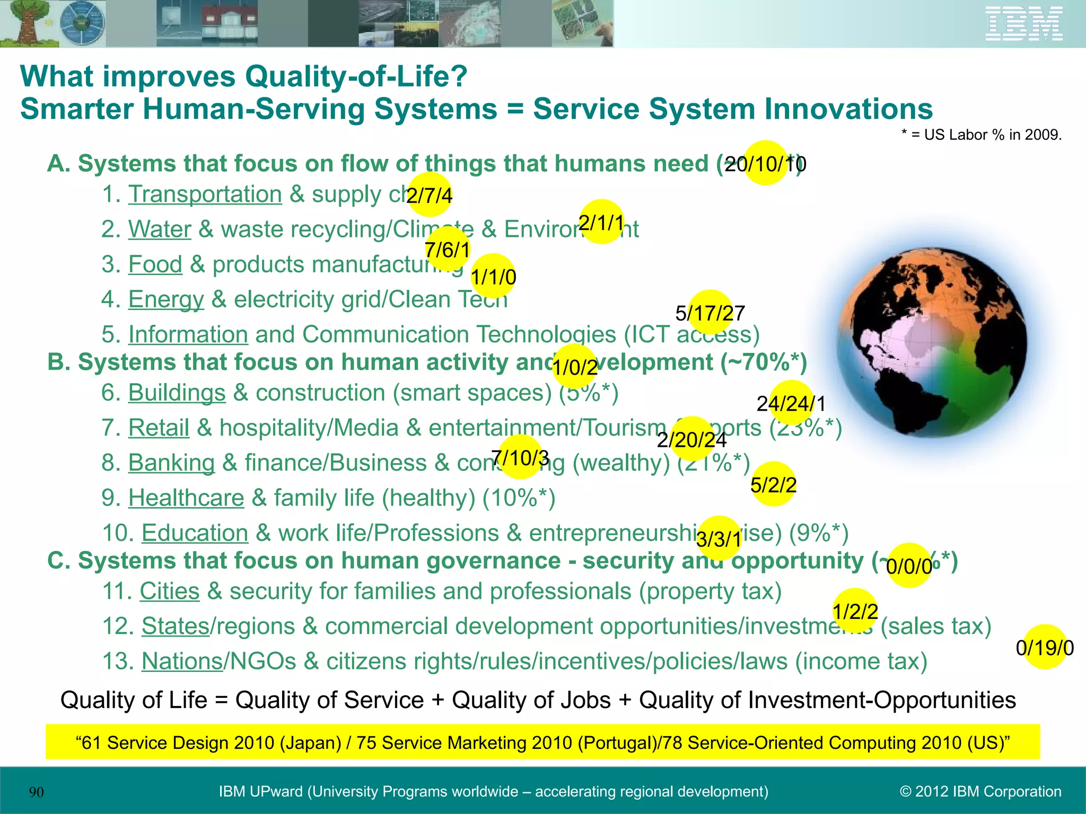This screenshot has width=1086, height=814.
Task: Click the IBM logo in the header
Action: (1024, 23)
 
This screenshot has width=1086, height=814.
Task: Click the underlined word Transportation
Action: (205, 194)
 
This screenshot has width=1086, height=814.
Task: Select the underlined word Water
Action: (160, 229)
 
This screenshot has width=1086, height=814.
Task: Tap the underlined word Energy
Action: (166, 299)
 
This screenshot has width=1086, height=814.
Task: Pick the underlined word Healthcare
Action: (186, 498)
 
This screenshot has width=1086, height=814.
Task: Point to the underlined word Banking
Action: (171, 463)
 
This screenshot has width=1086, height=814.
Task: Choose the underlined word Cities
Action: (170, 591)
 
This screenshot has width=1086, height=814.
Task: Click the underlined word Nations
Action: (182, 661)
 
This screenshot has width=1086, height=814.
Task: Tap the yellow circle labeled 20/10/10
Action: (765, 163)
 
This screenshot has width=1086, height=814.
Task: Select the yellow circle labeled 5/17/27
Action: (710, 313)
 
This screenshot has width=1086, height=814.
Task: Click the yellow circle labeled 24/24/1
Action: (791, 403)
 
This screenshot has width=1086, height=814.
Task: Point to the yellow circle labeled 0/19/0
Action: (1045, 647)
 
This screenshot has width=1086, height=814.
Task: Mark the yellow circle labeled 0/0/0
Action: (909, 566)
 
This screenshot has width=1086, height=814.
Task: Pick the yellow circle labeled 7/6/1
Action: (448, 249)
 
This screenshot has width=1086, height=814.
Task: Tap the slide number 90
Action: (37, 792)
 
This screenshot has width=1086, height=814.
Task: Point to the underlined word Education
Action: (195, 533)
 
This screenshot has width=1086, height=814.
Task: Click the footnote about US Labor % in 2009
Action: (982, 135)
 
